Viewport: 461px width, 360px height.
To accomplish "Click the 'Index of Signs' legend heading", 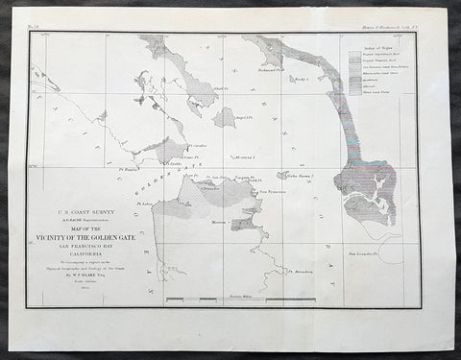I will [372, 47].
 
